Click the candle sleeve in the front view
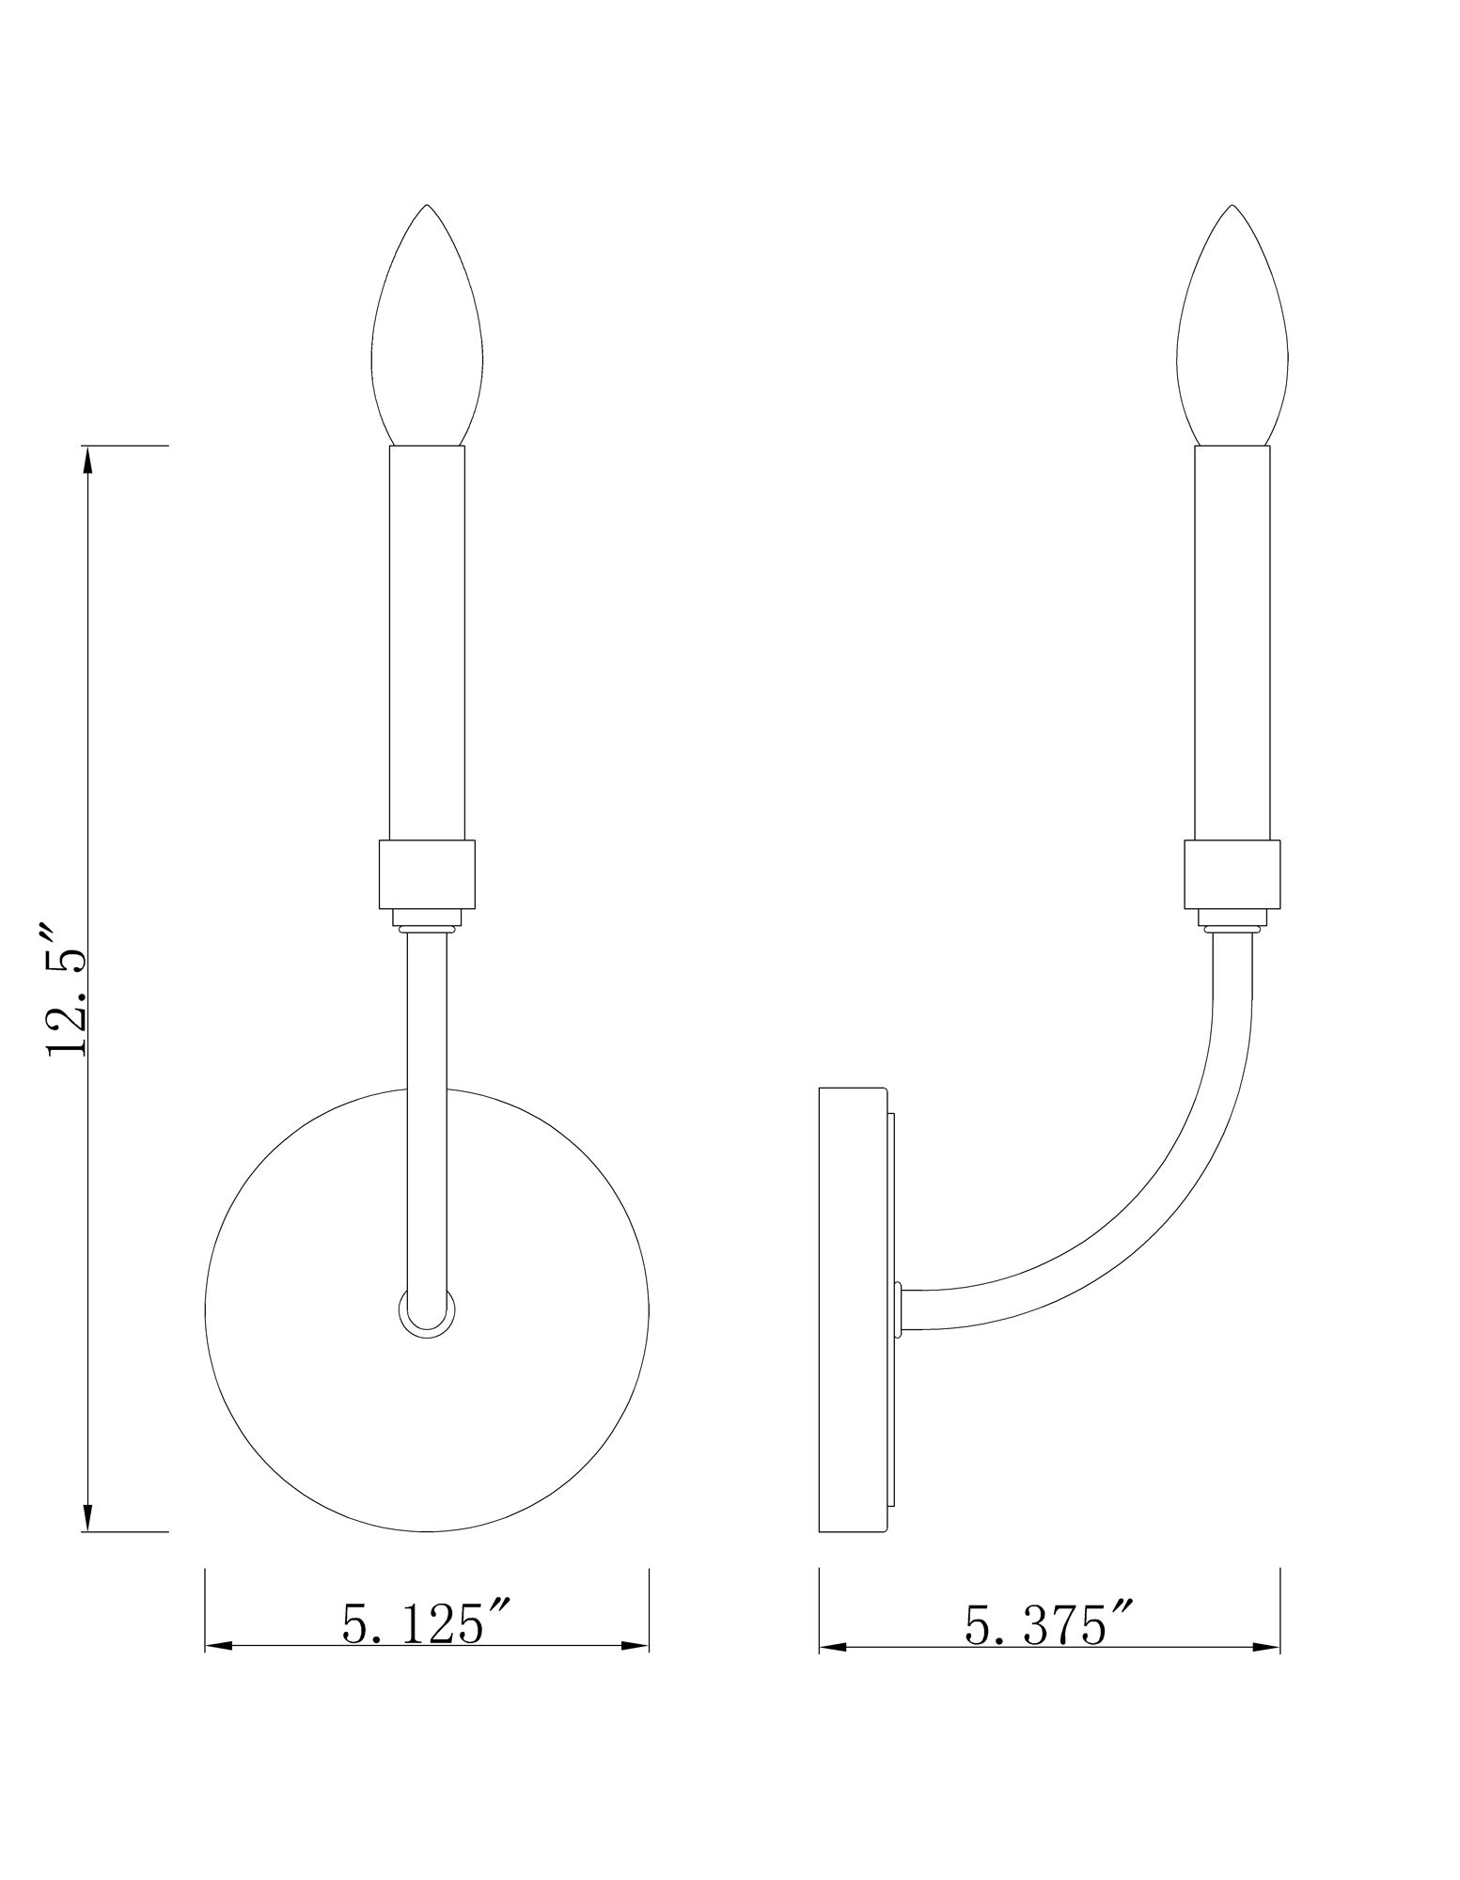coord(427,639)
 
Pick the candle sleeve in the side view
coord(1232,639)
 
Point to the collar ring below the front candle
coord(427,874)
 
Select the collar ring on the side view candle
coord(1232,874)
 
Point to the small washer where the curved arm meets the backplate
coord(900,1308)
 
